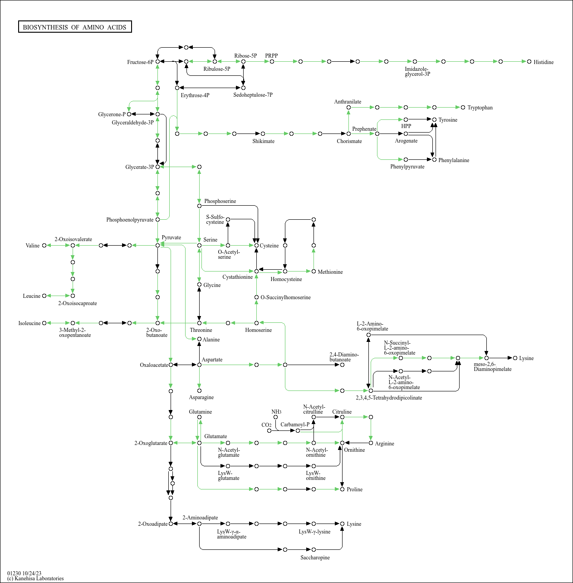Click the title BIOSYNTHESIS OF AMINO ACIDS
coord(75,27)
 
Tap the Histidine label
coord(544,62)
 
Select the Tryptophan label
coord(480,108)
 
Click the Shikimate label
coord(263,141)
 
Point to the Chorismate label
coord(349,141)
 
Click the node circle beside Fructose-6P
coord(157,61)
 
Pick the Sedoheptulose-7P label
coord(253,95)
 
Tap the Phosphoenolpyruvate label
coord(130,220)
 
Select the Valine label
coord(33,246)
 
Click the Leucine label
coord(32,296)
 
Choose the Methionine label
coord(330,272)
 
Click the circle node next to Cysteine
coord(256,245)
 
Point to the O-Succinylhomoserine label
coord(285,297)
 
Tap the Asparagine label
coord(201,397)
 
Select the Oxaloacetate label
coord(154,365)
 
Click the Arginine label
coord(384,444)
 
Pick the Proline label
coord(354,489)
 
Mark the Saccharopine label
coord(315,558)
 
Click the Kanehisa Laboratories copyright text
coord(35,578)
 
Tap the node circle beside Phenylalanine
coord(434,160)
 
